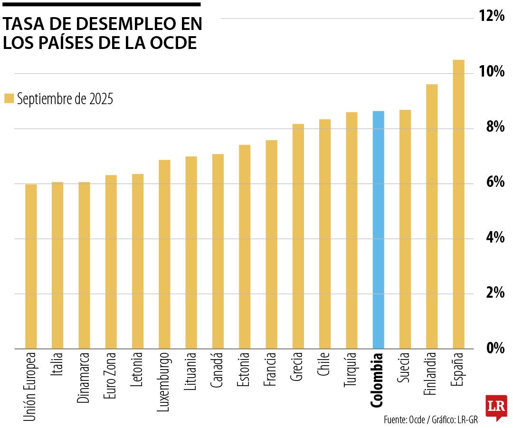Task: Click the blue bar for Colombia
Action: [x=378, y=230]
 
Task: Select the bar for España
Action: [x=458, y=204]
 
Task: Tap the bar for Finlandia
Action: [x=432, y=216]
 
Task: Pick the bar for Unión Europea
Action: [x=31, y=266]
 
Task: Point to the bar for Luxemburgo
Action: [x=164, y=254]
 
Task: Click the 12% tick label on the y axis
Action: [x=491, y=17]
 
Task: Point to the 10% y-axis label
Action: [x=491, y=72]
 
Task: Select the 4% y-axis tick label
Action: [x=494, y=237]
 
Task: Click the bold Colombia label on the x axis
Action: [x=377, y=380]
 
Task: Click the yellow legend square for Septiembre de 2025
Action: [x=9, y=98]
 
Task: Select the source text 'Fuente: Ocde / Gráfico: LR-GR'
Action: [x=430, y=420]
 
